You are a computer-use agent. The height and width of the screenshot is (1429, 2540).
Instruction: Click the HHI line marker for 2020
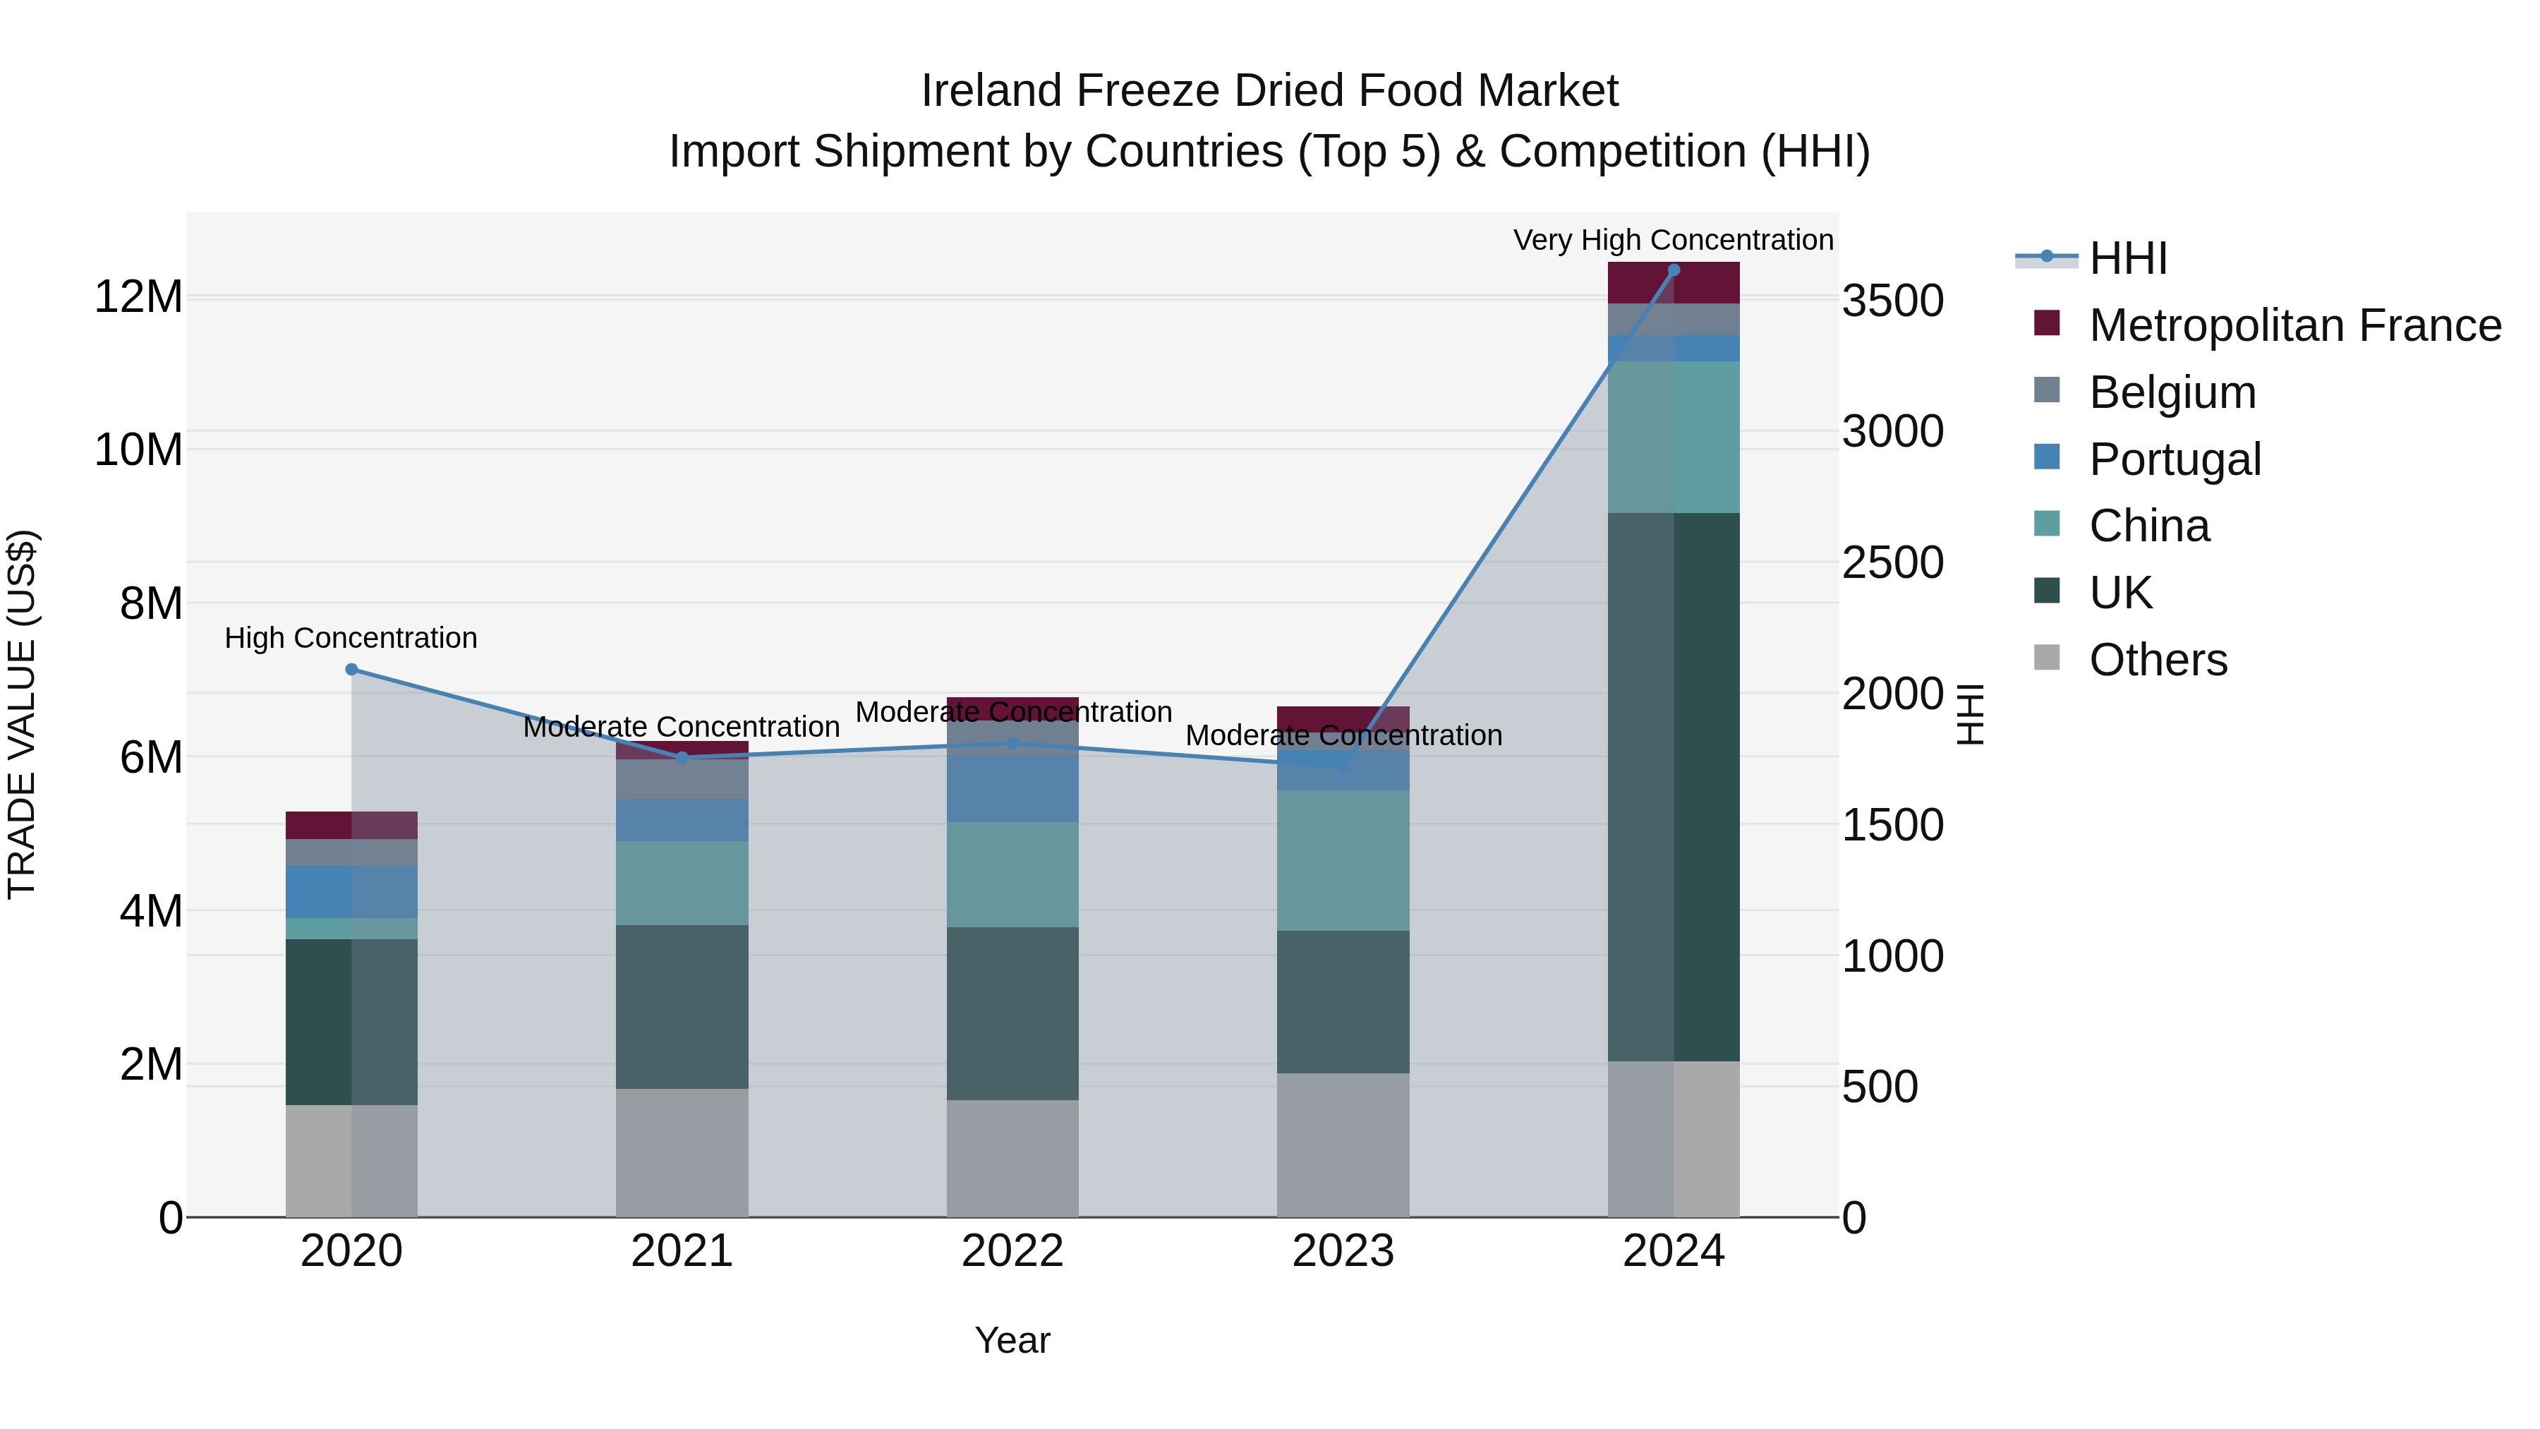click(x=351, y=670)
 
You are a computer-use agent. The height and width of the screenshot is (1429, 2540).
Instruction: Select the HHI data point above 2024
click(x=1674, y=270)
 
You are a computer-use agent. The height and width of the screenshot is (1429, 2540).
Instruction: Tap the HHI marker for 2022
click(x=1012, y=744)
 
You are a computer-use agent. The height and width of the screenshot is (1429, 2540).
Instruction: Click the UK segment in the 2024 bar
click(x=1674, y=786)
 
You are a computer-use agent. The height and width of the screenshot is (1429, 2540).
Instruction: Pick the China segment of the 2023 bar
click(x=1343, y=860)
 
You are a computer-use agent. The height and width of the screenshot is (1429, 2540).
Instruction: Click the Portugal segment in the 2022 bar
click(x=1012, y=789)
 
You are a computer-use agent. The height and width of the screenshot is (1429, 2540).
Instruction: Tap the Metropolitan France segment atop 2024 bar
click(x=1674, y=284)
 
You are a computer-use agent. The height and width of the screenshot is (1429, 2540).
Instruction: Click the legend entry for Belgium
click(x=2172, y=392)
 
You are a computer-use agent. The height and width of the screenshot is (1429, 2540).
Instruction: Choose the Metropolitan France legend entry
click(x=2294, y=325)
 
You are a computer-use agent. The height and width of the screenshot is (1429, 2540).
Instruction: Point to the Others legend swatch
click(x=2047, y=658)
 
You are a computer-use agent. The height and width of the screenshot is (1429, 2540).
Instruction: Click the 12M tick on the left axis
click(x=138, y=297)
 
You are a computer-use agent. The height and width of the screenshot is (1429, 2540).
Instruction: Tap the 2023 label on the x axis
click(x=1343, y=1251)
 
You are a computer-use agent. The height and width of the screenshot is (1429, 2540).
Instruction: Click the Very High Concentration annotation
click(x=1674, y=240)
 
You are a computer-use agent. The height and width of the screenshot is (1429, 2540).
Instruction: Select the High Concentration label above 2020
click(x=351, y=638)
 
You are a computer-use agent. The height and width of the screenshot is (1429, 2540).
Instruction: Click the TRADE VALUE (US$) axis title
click(x=22, y=714)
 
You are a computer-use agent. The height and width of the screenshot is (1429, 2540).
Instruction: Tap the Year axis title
click(x=1012, y=1340)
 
